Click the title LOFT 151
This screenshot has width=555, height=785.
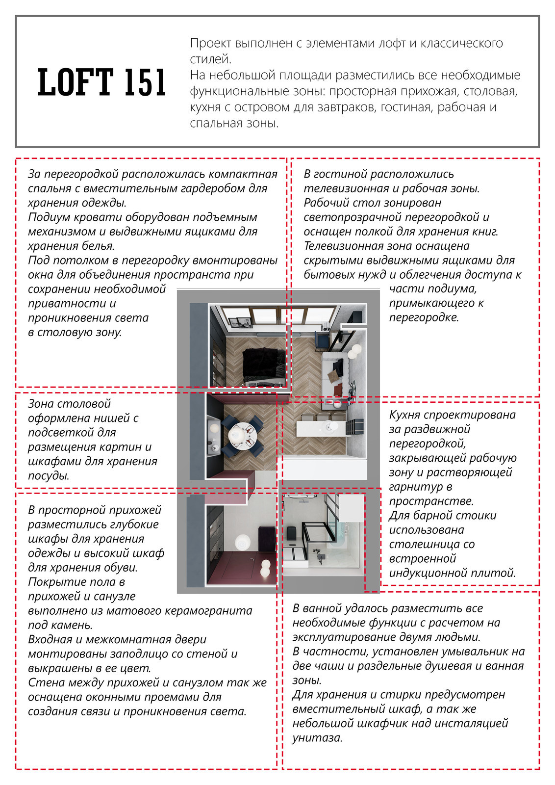(102, 82)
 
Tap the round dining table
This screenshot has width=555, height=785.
(241, 434)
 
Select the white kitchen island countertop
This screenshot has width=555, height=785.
(321, 427)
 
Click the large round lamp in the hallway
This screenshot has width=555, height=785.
(243, 543)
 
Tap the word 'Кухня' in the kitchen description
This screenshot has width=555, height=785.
(406, 415)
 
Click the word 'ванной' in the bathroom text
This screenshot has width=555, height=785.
(324, 608)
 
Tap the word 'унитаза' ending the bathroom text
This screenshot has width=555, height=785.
(316, 738)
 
